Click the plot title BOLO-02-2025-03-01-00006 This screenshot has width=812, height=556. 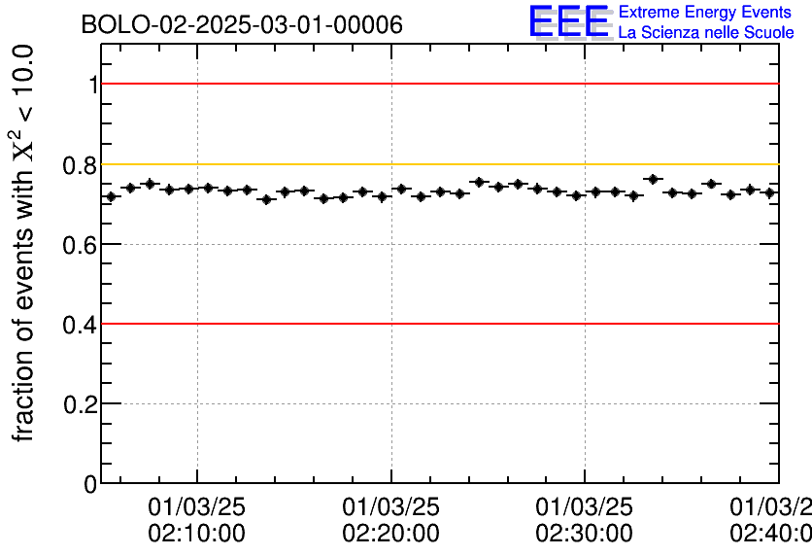click(242, 25)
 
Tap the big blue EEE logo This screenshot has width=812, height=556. click(569, 22)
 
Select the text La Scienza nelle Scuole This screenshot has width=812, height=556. click(705, 33)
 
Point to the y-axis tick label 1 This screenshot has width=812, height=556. click(92, 86)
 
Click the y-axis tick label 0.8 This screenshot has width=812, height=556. click(81, 165)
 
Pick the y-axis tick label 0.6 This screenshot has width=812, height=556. click(81, 245)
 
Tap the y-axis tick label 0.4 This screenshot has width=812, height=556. click(81, 325)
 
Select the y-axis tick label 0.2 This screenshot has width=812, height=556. click(81, 404)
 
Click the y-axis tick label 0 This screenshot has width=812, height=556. click(90, 484)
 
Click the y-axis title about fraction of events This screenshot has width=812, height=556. click(26, 243)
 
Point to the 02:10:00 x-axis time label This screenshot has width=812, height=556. click(197, 534)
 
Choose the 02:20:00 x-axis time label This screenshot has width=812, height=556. click(390, 534)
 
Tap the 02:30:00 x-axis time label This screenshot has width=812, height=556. click(585, 534)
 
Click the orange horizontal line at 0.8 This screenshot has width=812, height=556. click(437, 164)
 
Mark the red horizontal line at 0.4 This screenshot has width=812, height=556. click(437, 324)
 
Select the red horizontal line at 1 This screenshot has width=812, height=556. click(437, 85)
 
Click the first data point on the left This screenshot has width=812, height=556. click(111, 196)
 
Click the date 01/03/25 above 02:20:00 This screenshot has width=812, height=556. click(390, 506)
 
